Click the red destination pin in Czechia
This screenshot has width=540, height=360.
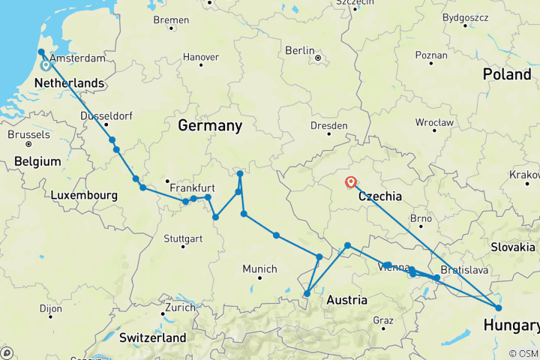(350, 182)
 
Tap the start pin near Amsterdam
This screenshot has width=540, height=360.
(46, 65)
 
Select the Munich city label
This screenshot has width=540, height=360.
(259, 268)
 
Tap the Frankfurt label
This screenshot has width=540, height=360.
(193, 187)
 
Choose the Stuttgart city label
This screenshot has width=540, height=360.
(182, 239)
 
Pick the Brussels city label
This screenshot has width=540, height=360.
(28, 135)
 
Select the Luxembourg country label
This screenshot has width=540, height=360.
(83, 196)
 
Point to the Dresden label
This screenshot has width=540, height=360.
(328, 126)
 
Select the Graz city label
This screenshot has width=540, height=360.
(382, 320)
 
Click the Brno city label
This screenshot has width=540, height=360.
(420, 219)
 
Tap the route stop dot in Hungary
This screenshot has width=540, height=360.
(499, 307)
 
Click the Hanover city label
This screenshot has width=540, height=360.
(201, 57)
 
